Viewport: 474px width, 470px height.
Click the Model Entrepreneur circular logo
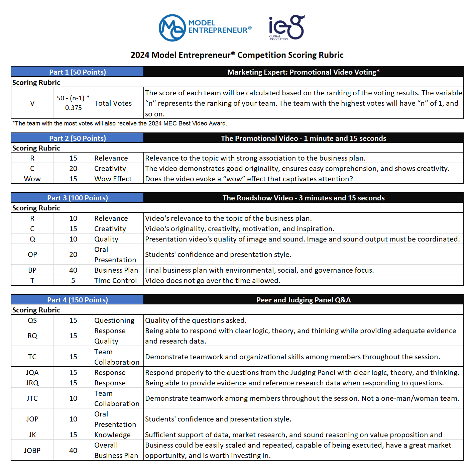tap(172, 28)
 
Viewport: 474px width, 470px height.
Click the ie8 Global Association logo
tap(286, 27)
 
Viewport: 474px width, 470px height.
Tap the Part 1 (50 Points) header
tap(77, 72)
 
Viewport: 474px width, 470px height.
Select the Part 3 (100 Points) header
tap(77, 198)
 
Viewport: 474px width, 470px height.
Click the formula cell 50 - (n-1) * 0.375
tap(73, 103)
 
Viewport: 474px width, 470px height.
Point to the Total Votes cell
tap(113, 103)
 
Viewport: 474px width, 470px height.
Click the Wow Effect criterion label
tap(113, 179)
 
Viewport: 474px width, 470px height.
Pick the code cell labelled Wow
tap(32, 179)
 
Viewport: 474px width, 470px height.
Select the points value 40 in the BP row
tap(73, 270)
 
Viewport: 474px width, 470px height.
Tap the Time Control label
tap(115, 281)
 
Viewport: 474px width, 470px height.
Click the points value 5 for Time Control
tap(73, 281)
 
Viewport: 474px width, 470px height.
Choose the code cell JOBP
tap(32, 451)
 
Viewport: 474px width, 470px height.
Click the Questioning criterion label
tap(114, 320)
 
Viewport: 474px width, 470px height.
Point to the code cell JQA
tap(32, 373)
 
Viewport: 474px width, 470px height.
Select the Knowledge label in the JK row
tap(112, 435)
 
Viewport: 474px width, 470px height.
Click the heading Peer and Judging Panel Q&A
tap(303, 300)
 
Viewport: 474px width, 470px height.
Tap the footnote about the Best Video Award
tap(120, 123)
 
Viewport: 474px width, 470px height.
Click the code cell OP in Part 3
tap(32, 255)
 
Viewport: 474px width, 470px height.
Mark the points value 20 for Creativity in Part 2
tap(73, 169)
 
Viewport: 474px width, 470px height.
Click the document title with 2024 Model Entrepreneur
tap(237, 55)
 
